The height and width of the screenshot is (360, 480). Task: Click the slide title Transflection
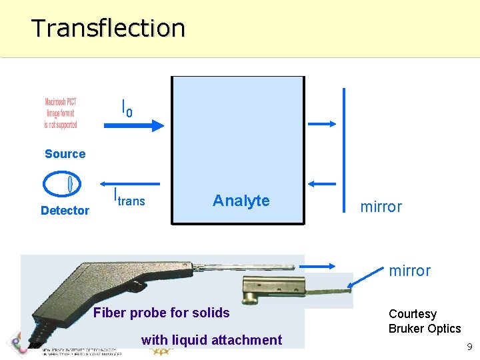(x=108, y=28)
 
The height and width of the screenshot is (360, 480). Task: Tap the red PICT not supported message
(x=61, y=113)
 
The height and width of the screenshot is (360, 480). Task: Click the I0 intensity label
(x=126, y=107)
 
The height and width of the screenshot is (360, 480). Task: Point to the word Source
(x=65, y=154)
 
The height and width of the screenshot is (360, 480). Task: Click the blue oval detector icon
(x=62, y=184)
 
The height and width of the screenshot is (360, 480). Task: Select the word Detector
(x=65, y=211)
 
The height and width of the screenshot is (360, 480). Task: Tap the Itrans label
(x=129, y=199)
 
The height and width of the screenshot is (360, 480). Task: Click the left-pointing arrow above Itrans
(x=131, y=184)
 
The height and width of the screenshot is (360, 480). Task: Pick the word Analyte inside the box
(x=241, y=201)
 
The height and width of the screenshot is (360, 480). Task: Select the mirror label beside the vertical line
(x=381, y=207)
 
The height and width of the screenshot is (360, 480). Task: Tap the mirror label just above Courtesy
(x=409, y=271)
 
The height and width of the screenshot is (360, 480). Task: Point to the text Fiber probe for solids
(x=161, y=313)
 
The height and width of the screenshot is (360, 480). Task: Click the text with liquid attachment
(x=211, y=340)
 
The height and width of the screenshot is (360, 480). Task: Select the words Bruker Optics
(x=425, y=329)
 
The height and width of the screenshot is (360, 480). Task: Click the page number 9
(x=469, y=347)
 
